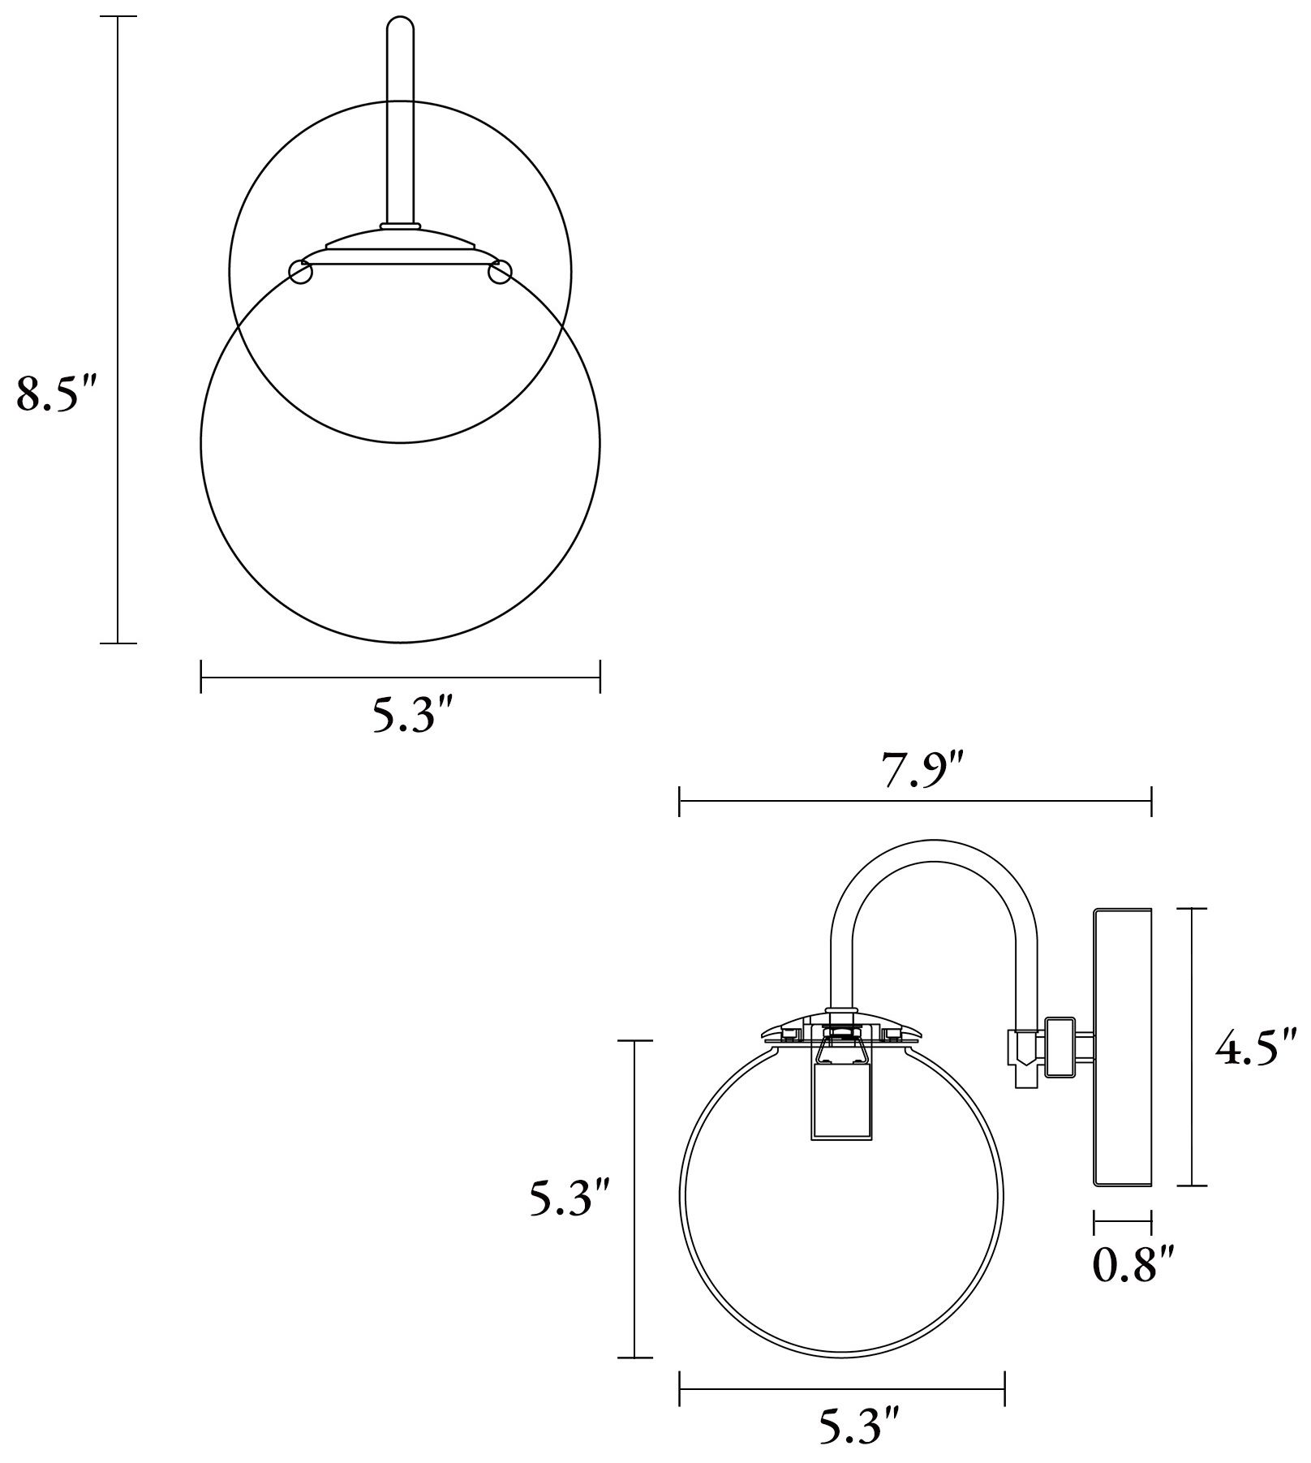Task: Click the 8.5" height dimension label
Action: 57,395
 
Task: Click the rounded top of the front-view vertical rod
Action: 400,24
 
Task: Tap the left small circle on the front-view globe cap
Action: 301,273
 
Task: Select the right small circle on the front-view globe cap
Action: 500,273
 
